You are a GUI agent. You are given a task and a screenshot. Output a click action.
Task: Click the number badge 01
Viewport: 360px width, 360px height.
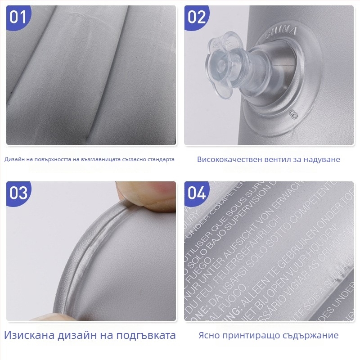[x=18, y=17]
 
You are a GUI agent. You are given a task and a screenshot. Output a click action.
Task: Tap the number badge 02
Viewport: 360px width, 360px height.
[x=197, y=17]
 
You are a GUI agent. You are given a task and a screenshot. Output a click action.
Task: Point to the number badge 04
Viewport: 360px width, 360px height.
[x=197, y=193]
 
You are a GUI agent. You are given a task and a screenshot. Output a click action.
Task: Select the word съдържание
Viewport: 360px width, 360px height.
[x=310, y=335]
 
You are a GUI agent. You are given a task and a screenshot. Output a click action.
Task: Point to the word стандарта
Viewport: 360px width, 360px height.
[x=159, y=159]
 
